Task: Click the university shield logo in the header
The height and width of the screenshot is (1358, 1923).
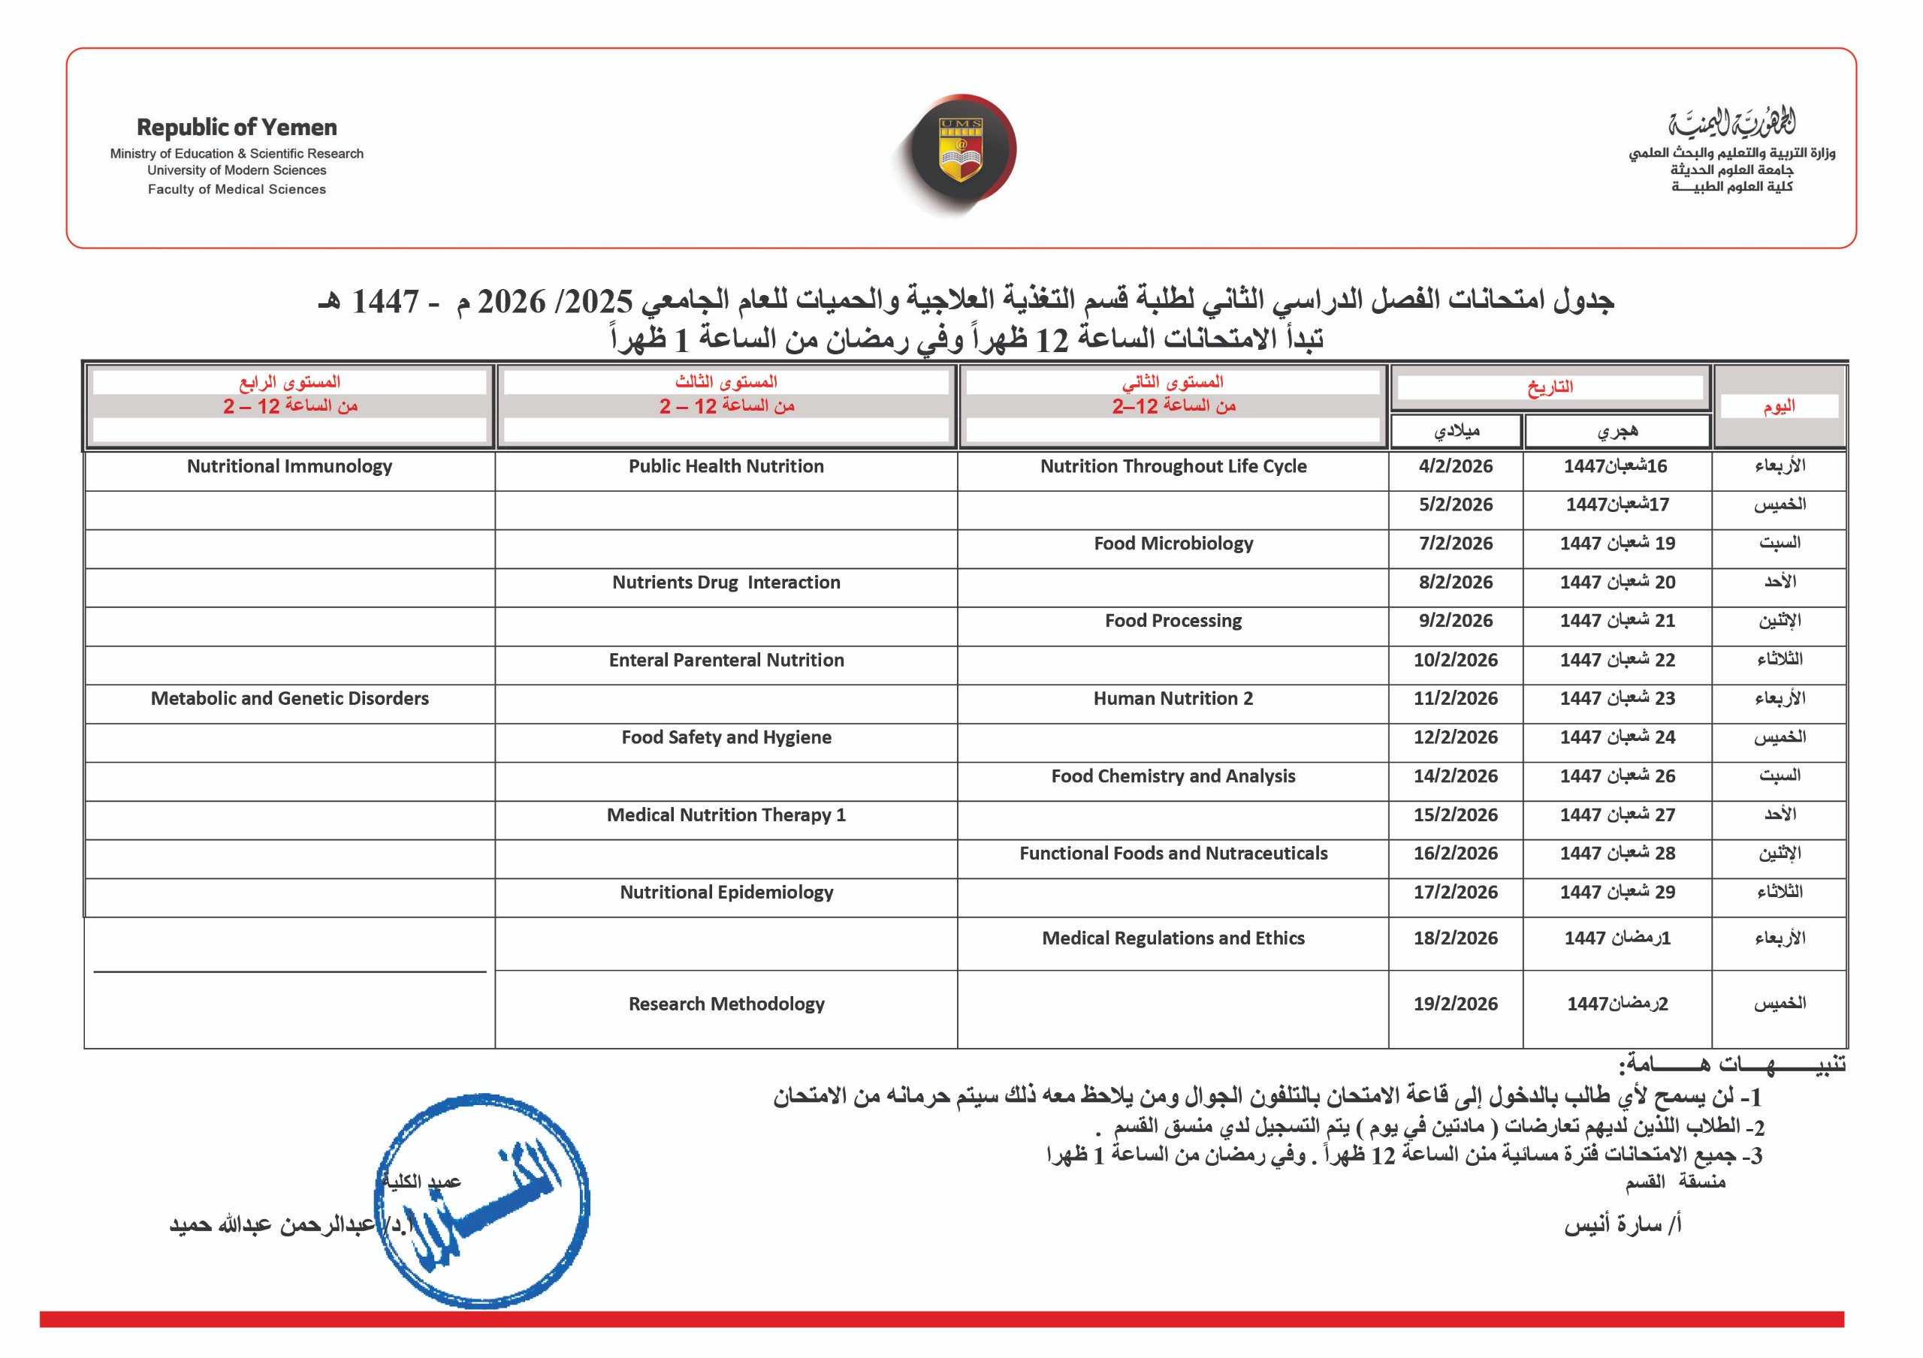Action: pos(961,150)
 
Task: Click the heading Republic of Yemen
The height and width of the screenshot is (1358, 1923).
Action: pos(237,128)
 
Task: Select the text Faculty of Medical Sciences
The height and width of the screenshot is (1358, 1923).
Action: pos(237,189)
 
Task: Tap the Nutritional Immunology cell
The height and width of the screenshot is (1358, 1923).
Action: pos(290,466)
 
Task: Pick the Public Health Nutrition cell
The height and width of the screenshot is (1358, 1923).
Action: pos(726,466)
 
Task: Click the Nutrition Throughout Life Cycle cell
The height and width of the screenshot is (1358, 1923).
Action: pos(1173,466)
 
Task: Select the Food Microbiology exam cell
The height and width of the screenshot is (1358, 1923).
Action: pos(1173,544)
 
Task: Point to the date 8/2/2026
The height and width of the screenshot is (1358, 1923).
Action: pos(1455,583)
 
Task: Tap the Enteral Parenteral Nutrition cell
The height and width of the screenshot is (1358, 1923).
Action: pos(726,660)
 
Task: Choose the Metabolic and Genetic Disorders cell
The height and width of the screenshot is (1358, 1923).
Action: pos(290,698)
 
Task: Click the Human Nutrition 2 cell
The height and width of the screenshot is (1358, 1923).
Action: pos(1173,698)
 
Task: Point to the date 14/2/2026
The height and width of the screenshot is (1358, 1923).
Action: pos(1455,776)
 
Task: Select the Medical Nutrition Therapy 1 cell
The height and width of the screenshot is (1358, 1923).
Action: pos(726,814)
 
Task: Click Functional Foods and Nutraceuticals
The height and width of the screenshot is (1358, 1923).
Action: pos(1173,853)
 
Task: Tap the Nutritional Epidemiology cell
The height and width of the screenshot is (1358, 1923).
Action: pos(726,893)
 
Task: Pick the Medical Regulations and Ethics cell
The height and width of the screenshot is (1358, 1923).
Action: pos(1173,938)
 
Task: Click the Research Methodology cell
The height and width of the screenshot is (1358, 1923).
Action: pos(726,1004)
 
